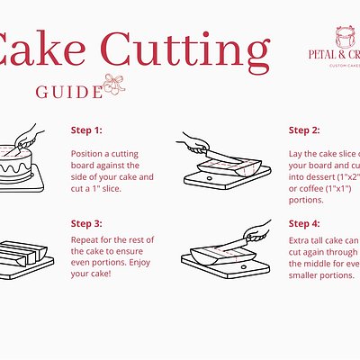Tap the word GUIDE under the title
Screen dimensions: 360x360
(x=68, y=92)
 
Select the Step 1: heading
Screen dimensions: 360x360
(x=86, y=130)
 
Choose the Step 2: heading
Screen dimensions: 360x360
(x=304, y=130)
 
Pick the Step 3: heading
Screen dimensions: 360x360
(x=86, y=222)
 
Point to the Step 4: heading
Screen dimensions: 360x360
(x=304, y=222)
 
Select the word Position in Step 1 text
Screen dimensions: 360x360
(x=87, y=153)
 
